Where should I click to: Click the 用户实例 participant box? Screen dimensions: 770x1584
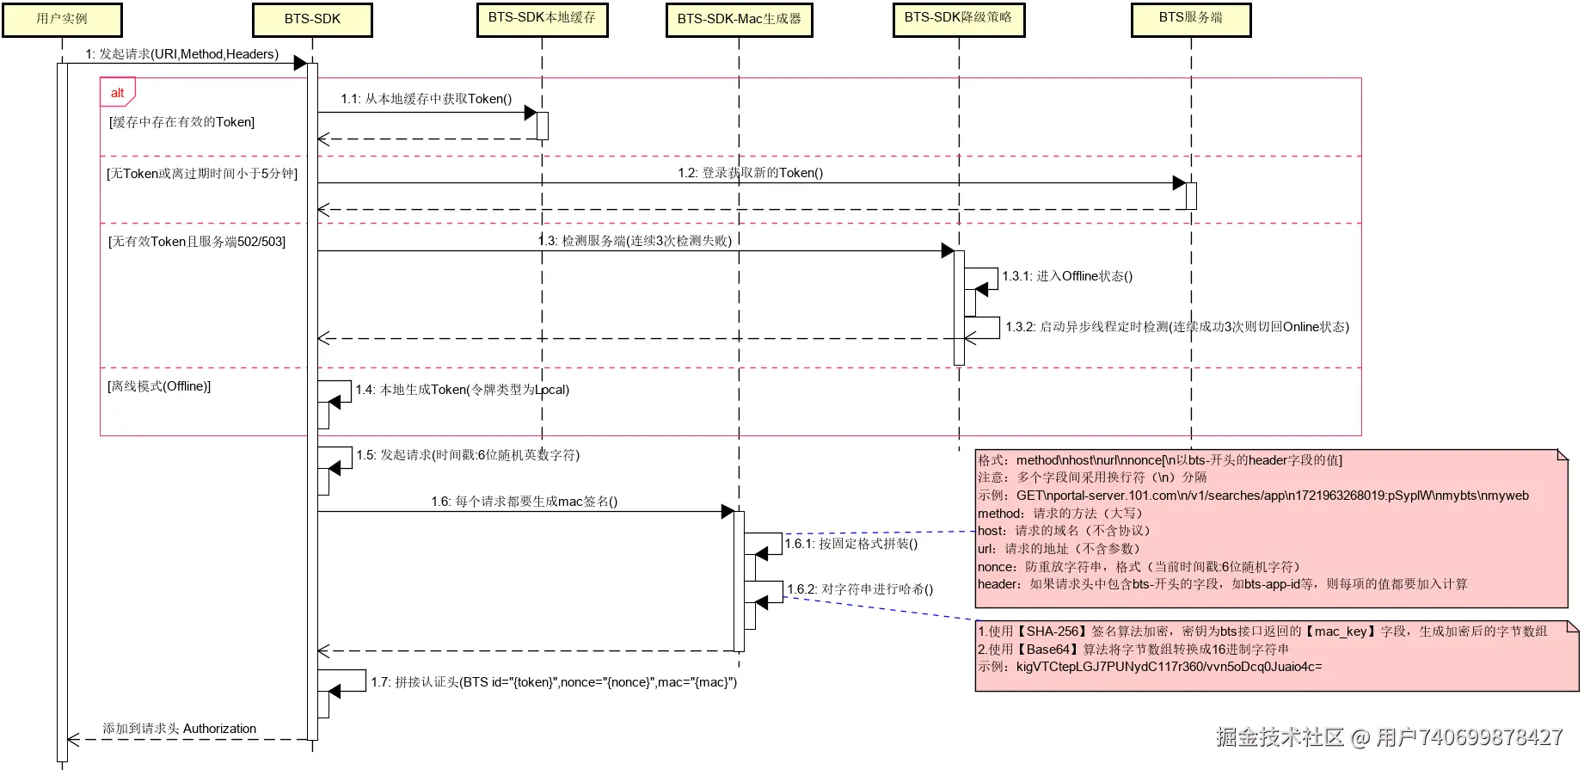tap(62, 20)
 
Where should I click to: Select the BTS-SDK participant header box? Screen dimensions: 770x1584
tap(312, 20)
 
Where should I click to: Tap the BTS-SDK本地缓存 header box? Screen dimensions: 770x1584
tap(542, 19)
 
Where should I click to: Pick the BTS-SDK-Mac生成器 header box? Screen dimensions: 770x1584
tap(739, 20)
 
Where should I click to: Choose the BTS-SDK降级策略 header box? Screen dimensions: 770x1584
tap(958, 19)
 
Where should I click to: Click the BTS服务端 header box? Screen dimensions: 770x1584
tap(1190, 19)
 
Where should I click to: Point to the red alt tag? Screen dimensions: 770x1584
tap(118, 93)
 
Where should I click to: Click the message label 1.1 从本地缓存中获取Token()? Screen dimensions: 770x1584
tap(426, 99)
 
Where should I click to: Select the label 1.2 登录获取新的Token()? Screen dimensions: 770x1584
tap(750, 173)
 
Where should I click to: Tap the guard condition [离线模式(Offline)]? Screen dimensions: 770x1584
tap(159, 386)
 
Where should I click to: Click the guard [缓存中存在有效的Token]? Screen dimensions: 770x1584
tap(181, 122)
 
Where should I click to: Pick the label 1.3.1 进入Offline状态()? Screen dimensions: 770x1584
tap(1066, 276)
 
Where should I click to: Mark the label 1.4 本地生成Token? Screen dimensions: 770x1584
tap(462, 390)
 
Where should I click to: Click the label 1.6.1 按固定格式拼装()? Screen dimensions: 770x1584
tap(850, 544)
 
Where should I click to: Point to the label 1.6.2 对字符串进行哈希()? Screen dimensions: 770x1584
tap(859, 589)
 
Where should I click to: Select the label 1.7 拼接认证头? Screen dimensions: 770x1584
tap(554, 682)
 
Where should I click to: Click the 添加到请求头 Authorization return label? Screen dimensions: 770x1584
tap(179, 729)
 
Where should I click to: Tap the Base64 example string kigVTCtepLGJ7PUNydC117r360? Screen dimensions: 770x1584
tap(1168, 667)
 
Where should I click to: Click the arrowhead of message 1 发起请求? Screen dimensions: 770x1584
tap(300, 63)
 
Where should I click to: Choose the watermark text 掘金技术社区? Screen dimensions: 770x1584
tap(1280, 737)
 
